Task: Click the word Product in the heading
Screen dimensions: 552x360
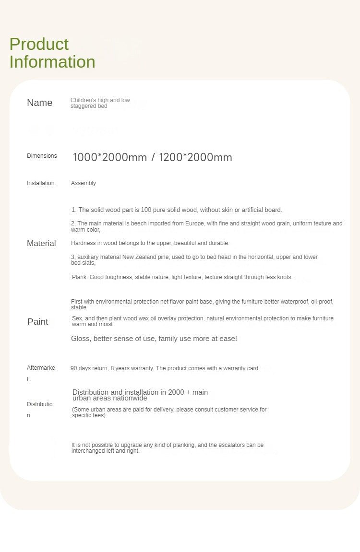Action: pos(39,44)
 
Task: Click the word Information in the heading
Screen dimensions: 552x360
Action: pos(52,62)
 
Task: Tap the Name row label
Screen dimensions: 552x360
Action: pos(39,103)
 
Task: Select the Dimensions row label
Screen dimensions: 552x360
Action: pos(42,156)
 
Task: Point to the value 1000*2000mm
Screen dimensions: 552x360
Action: pos(110,157)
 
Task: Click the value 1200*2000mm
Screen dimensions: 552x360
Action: pos(195,157)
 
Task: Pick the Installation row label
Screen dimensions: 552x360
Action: pos(41,183)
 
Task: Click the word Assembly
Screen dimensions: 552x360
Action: pos(84,183)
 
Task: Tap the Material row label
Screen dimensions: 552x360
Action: pos(41,243)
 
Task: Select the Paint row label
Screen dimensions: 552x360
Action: pos(37,321)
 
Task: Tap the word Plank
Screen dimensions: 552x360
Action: pos(80,277)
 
